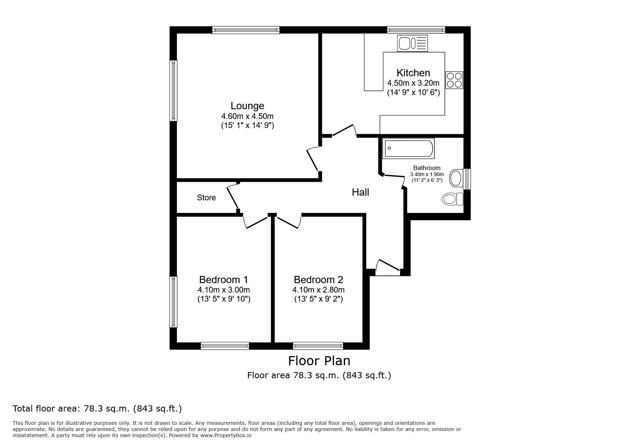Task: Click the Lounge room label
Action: click(x=247, y=106)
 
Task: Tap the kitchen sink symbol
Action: click(x=412, y=43)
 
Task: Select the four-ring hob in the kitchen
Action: click(x=454, y=80)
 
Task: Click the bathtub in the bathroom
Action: click(x=409, y=148)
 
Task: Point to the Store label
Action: click(x=206, y=198)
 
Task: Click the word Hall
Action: click(x=360, y=192)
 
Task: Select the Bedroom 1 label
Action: click(x=223, y=280)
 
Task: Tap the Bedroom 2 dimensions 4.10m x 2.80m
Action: click(x=318, y=290)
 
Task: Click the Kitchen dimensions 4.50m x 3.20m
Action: click(x=413, y=83)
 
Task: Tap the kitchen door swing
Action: click(x=344, y=131)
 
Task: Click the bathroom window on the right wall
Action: click(x=467, y=179)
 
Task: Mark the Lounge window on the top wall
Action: click(x=246, y=30)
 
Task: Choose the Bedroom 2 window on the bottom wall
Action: click(x=318, y=346)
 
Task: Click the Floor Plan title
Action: click(x=319, y=360)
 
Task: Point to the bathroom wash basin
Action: click(x=456, y=178)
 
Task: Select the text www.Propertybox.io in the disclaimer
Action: click(x=226, y=436)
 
